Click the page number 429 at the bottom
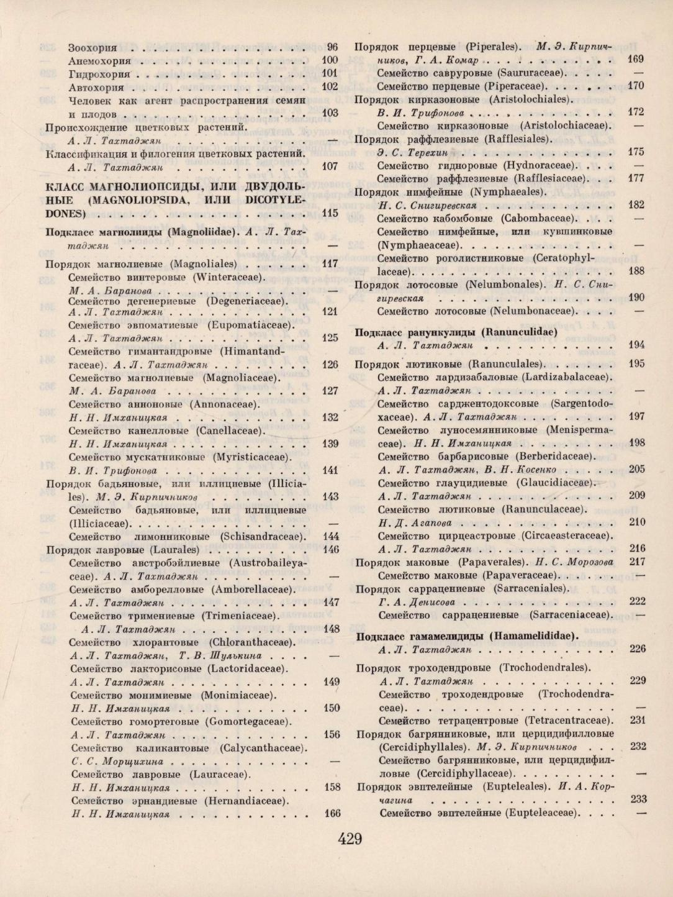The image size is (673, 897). tap(350, 839)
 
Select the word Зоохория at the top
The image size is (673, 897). tap(93, 47)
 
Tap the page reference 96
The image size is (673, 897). tap(332, 47)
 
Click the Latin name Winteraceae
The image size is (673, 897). tap(228, 277)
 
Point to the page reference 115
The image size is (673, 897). tap(330, 213)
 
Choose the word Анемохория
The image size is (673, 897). tap(99, 61)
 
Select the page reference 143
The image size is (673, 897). tap(330, 496)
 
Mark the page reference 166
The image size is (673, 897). tap(332, 813)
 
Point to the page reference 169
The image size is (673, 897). tap(636, 60)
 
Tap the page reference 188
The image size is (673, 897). tap(636, 271)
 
